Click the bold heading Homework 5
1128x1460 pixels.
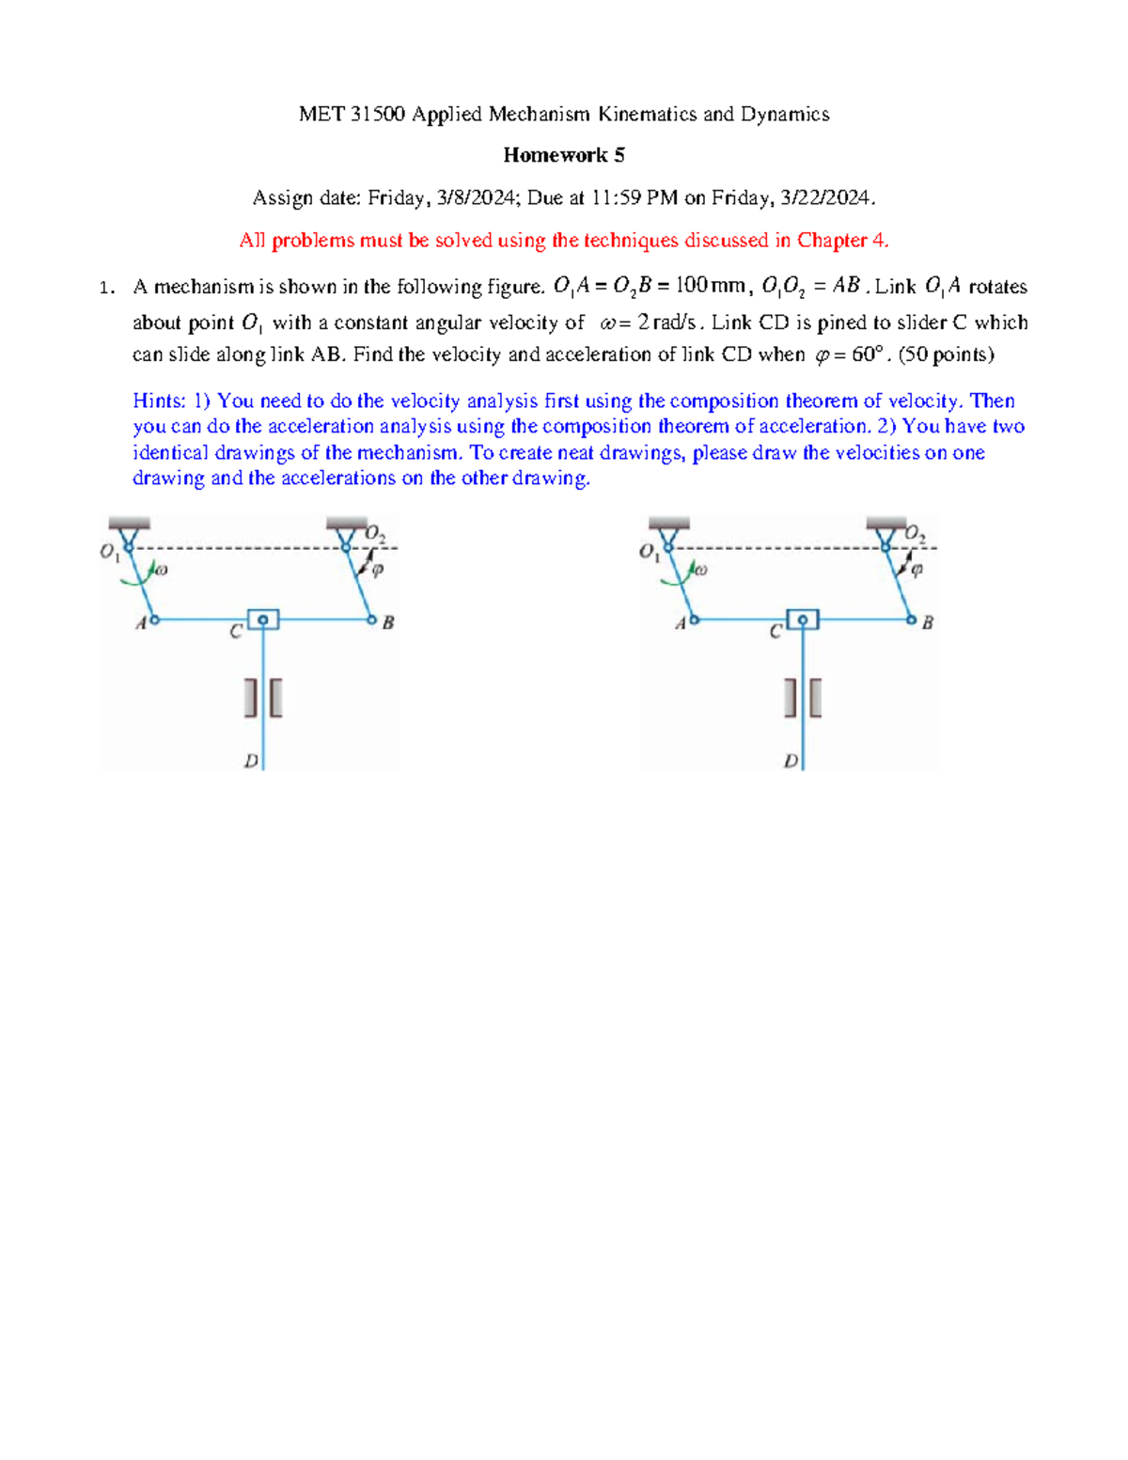[563, 155]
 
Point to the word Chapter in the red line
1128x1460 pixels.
[832, 241]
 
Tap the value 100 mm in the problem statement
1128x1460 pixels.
[710, 286]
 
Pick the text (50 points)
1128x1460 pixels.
[947, 354]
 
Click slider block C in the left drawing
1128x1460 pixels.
[263, 620]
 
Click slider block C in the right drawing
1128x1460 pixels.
[803, 620]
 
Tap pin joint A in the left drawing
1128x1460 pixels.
[154, 620]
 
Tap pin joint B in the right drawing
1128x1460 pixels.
[911, 620]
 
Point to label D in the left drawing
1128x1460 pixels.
[251, 761]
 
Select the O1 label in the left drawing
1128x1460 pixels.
[109, 552]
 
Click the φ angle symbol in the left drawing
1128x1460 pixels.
[378, 570]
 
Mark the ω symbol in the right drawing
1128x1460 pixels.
[699, 570]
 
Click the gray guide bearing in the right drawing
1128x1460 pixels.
[803, 699]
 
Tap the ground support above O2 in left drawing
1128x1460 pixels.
[346, 524]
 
